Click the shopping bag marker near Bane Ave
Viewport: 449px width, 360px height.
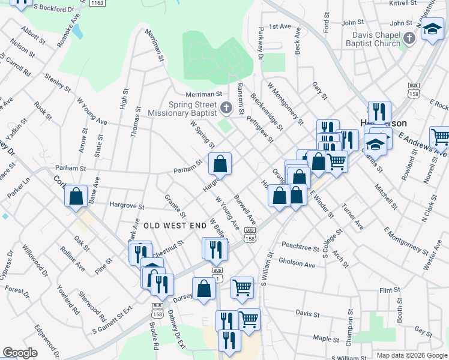[76, 196]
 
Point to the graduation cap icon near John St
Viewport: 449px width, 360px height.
[432, 28]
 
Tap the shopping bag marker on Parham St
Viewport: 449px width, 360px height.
[220, 164]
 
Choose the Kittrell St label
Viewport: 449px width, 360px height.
[403, 3]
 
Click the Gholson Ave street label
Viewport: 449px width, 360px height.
[297, 264]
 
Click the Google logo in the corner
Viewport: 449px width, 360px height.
[20, 353]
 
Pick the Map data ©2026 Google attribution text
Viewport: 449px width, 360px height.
[412, 355]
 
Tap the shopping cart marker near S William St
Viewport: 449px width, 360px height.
[242, 287]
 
